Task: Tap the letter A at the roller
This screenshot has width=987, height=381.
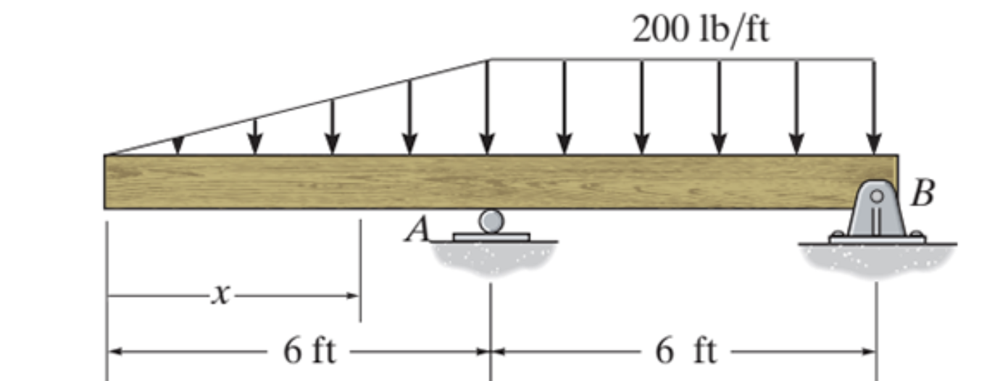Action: click(418, 230)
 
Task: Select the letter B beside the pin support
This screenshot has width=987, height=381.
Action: click(922, 193)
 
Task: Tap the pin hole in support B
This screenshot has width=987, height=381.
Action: click(876, 196)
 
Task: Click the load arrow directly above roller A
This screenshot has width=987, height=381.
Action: click(488, 109)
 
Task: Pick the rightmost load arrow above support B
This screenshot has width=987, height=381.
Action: click(874, 109)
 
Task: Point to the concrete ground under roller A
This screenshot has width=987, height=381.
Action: click(493, 256)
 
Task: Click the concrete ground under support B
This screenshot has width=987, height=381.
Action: click(877, 259)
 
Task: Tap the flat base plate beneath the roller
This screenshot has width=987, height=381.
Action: click(491, 237)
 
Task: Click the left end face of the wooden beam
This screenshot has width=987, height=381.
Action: click(106, 182)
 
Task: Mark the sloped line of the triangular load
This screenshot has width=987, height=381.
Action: click(297, 107)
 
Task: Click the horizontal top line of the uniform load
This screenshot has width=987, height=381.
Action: click(681, 59)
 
